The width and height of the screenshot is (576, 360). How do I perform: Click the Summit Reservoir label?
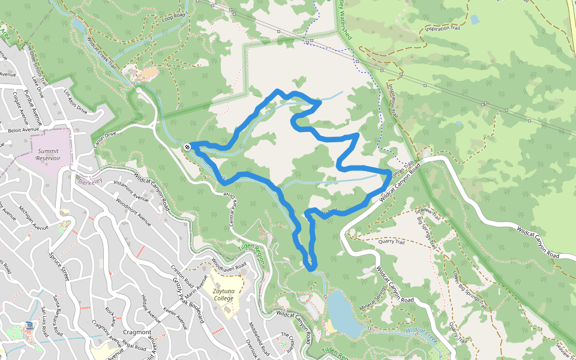(49, 154)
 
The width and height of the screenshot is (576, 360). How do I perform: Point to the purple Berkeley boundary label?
(86, 180)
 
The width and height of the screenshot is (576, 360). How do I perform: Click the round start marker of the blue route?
(188, 146)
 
